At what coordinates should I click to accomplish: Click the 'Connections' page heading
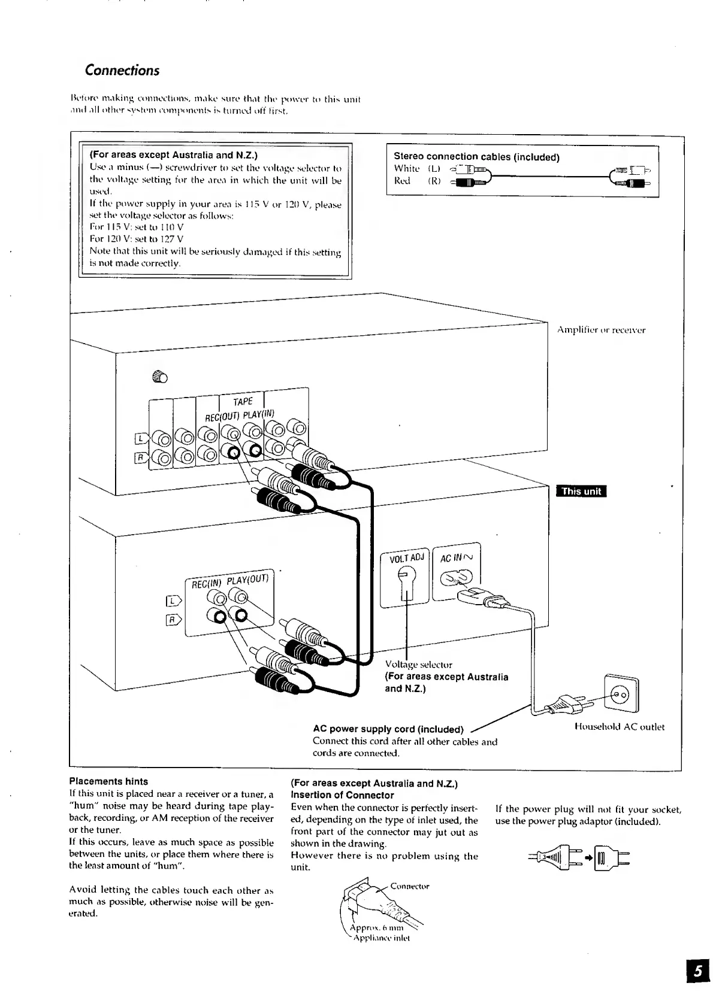point(122,71)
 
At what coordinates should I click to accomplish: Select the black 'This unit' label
point(581,492)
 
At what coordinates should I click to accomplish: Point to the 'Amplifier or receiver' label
point(601,330)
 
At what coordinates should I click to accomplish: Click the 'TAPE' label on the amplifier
point(243,402)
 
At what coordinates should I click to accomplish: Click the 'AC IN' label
point(457,558)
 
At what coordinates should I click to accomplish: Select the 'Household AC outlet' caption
point(620,727)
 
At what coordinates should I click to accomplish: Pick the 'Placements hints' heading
point(108,781)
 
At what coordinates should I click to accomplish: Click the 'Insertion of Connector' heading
point(342,795)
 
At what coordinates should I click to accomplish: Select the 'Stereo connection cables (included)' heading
point(476,157)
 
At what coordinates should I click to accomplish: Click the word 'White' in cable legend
point(406,169)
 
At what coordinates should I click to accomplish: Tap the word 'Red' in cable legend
point(402,181)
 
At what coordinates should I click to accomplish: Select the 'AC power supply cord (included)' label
point(388,729)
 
